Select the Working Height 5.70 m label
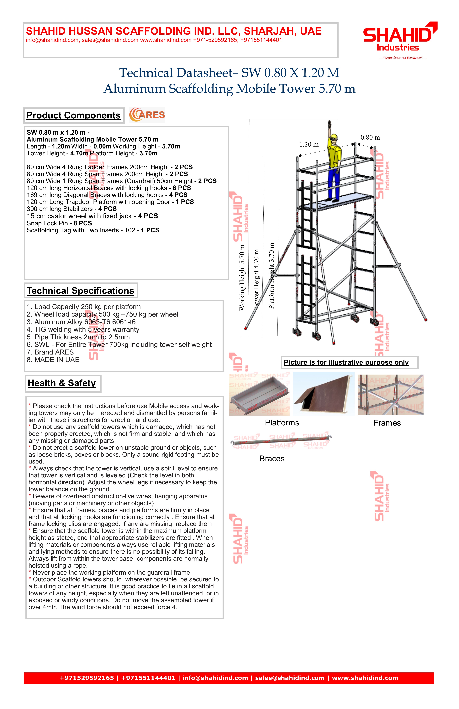(x=242, y=278)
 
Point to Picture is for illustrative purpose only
(x=346, y=363)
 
